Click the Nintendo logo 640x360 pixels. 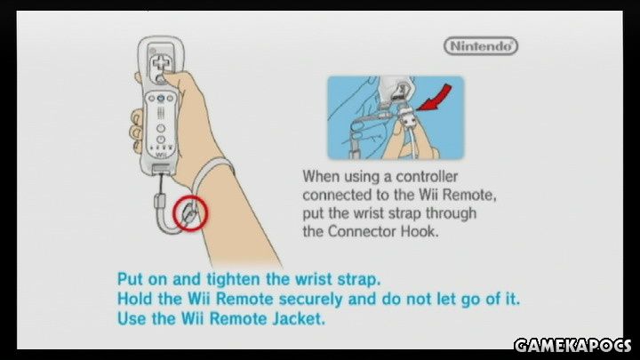click(x=481, y=45)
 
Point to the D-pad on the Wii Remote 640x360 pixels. click(x=159, y=65)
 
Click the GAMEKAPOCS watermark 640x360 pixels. click(x=572, y=345)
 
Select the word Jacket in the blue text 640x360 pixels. click(x=299, y=318)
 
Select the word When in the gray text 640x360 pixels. click(x=321, y=177)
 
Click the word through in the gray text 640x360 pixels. click(x=451, y=213)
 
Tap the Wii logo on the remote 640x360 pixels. click(x=161, y=155)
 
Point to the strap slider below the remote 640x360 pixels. click(x=160, y=201)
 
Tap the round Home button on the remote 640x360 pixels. click(x=161, y=128)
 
